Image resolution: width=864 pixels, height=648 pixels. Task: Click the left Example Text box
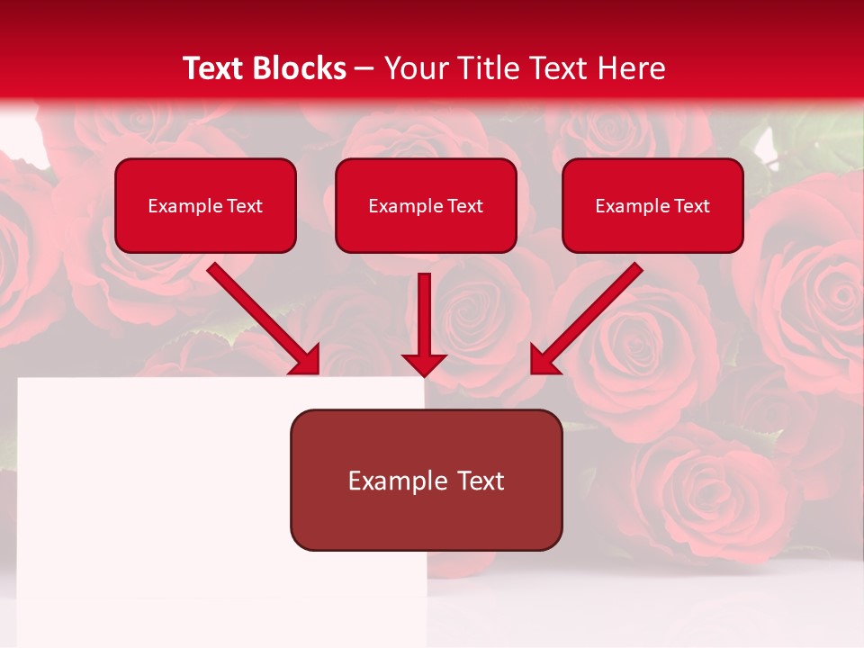(x=205, y=205)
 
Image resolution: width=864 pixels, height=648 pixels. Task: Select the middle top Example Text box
(x=426, y=205)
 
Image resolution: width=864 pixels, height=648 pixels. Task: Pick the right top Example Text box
(x=652, y=205)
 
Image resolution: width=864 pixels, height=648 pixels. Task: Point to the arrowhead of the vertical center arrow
(x=424, y=364)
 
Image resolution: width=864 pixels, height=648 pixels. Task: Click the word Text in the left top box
(x=245, y=206)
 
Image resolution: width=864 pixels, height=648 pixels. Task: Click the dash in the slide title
(x=364, y=69)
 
